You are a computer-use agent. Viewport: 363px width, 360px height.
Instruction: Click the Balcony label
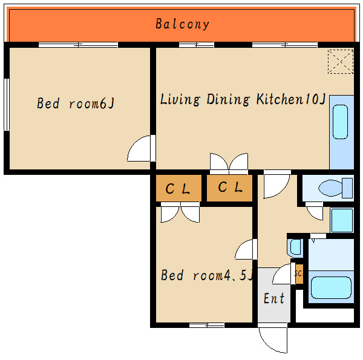pos(182,24)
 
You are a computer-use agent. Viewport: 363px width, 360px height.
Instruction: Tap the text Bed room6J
pos(76,103)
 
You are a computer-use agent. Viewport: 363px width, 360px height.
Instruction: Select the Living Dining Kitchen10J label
pos(243,99)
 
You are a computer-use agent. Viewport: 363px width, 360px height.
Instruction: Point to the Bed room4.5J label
pos(207,275)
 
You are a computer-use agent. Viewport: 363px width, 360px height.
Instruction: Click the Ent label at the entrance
pos(274,298)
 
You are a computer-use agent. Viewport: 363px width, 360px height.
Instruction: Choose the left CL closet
pos(178,188)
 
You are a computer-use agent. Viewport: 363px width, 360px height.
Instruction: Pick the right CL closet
pos(229,188)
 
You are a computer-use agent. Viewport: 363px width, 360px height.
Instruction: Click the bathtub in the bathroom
pos(331,287)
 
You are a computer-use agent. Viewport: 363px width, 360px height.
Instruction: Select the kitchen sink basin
pos(340,122)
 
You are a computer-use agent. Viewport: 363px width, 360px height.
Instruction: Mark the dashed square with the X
pos(341,62)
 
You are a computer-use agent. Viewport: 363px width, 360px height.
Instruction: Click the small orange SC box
pos(299,274)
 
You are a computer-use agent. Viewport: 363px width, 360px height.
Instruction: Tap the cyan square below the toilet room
pos(342,220)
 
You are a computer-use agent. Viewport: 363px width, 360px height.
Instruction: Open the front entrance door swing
pos(273,338)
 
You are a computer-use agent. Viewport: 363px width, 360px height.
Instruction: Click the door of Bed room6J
pos(141,148)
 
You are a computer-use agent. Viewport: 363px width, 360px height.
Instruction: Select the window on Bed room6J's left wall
pos(7,105)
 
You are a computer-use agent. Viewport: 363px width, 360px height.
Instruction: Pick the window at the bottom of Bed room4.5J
pos(207,326)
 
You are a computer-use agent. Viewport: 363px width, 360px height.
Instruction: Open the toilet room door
pos(314,211)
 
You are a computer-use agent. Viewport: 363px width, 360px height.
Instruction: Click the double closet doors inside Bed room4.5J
pos(180,212)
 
